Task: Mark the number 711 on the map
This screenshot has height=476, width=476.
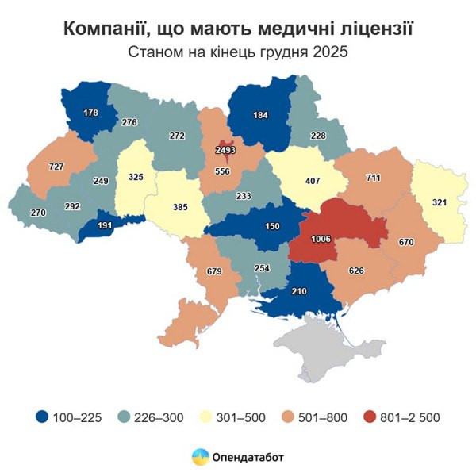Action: (371, 177)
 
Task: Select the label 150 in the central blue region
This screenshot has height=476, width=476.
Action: (271, 227)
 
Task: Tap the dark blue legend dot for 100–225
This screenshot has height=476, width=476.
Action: (41, 416)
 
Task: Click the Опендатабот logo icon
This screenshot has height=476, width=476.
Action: (199, 457)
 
